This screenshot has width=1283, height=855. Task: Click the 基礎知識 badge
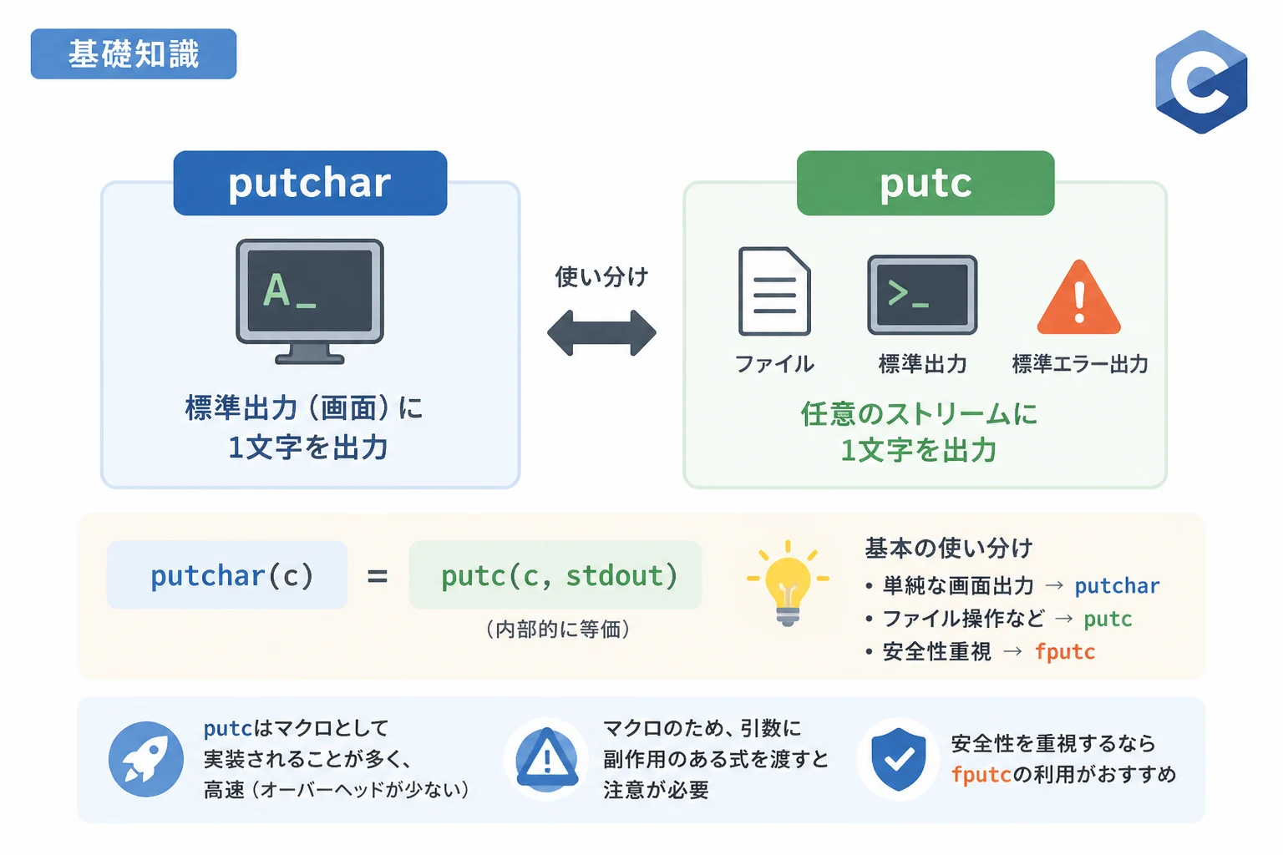134,53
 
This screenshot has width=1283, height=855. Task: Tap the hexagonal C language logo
1201,82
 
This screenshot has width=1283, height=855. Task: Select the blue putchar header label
310,183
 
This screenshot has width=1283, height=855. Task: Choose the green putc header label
925,183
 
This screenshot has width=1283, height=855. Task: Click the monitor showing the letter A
310,301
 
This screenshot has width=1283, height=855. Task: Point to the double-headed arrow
601,332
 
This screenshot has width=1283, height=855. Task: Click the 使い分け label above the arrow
601,277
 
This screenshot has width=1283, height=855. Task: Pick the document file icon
774,291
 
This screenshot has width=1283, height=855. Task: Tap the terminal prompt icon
922,295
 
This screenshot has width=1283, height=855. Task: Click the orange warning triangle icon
1078,298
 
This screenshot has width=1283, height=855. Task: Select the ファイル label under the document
774,364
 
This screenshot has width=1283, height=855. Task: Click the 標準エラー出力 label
1080,364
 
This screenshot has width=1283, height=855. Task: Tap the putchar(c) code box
227,575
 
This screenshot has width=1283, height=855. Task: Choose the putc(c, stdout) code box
555,575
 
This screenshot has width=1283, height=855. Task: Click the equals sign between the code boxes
378,576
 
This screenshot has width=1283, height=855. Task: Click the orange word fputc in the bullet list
1065,652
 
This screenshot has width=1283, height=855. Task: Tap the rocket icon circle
146,759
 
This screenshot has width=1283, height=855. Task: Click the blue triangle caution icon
547,759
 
